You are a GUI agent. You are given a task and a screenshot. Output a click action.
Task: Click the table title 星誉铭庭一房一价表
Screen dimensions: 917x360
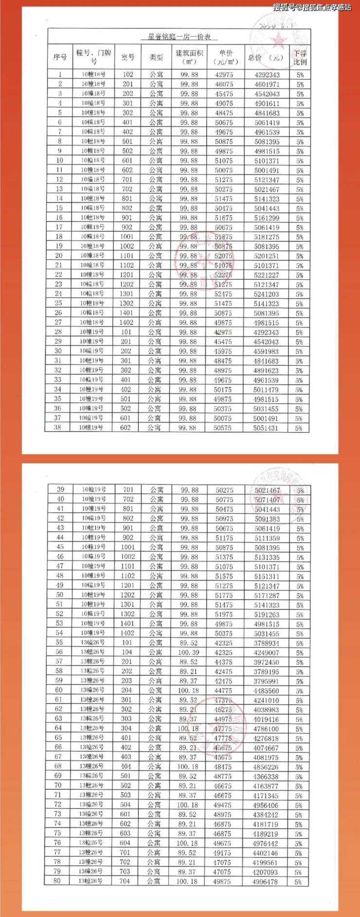pyautogui.click(x=182, y=37)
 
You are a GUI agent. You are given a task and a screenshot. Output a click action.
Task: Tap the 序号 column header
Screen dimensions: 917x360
pyautogui.click(x=60, y=57)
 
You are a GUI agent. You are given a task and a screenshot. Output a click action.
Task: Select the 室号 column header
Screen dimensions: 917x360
pyautogui.click(x=127, y=57)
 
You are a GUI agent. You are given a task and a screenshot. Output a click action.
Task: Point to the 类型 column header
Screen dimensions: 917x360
pyautogui.click(x=156, y=57)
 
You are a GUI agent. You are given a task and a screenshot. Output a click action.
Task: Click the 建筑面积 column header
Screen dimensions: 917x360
pyautogui.click(x=189, y=57)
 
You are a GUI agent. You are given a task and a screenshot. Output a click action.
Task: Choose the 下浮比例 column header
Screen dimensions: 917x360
pyautogui.click(x=300, y=57)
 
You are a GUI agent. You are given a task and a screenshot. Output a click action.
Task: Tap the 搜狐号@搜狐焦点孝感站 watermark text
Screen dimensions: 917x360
pyautogui.click(x=311, y=7)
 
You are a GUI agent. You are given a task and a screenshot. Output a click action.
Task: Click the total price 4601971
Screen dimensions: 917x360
pyautogui.click(x=267, y=84)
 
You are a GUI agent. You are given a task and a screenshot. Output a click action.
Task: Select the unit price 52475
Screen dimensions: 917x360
pyautogui.click(x=223, y=294)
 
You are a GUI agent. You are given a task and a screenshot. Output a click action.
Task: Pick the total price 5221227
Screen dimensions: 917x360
pyautogui.click(x=267, y=275)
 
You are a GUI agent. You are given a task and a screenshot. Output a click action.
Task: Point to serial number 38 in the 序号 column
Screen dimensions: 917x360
pyautogui.click(x=58, y=428)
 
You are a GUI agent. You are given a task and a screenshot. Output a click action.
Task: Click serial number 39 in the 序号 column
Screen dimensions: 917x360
pyautogui.click(x=61, y=490)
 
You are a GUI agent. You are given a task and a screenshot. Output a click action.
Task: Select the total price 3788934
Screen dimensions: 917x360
pyautogui.click(x=267, y=643)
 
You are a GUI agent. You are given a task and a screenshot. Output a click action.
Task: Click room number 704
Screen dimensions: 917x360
pyautogui.click(x=125, y=881)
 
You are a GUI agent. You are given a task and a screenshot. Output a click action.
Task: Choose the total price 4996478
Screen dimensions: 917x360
pyautogui.click(x=265, y=881)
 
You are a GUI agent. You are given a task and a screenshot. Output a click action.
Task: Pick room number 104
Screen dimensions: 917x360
pyautogui.click(x=127, y=652)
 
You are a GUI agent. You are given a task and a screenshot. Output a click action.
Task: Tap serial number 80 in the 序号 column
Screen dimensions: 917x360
pyautogui.click(x=57, y=881)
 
